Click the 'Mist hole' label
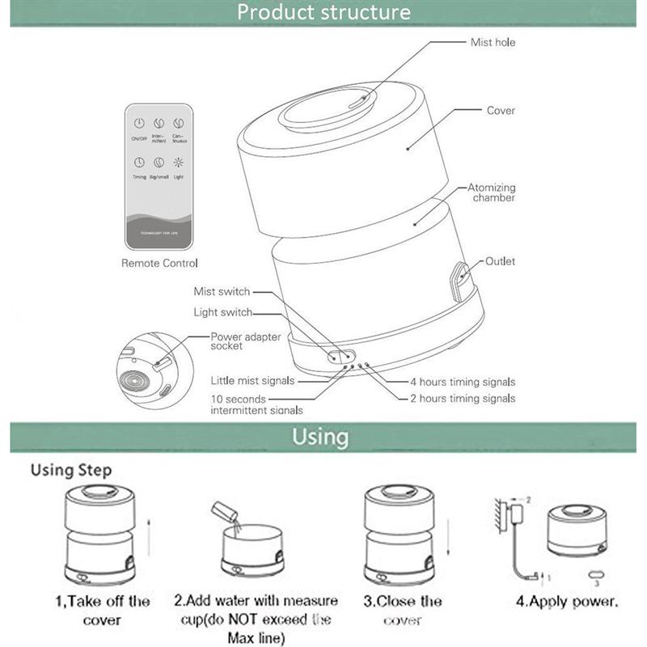tap(492, 42)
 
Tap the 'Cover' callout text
tap(501, 110)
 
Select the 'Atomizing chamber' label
tap(491, 192)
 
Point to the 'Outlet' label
tap(500, 261)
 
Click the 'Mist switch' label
tap(222, 291)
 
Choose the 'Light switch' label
tap(222, 312)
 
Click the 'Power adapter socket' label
tap(238, 340)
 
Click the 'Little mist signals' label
tap(252, 379)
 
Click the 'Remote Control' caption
tap(159, 263)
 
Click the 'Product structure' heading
tap(323, 12)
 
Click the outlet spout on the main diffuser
tap(459, 279)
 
